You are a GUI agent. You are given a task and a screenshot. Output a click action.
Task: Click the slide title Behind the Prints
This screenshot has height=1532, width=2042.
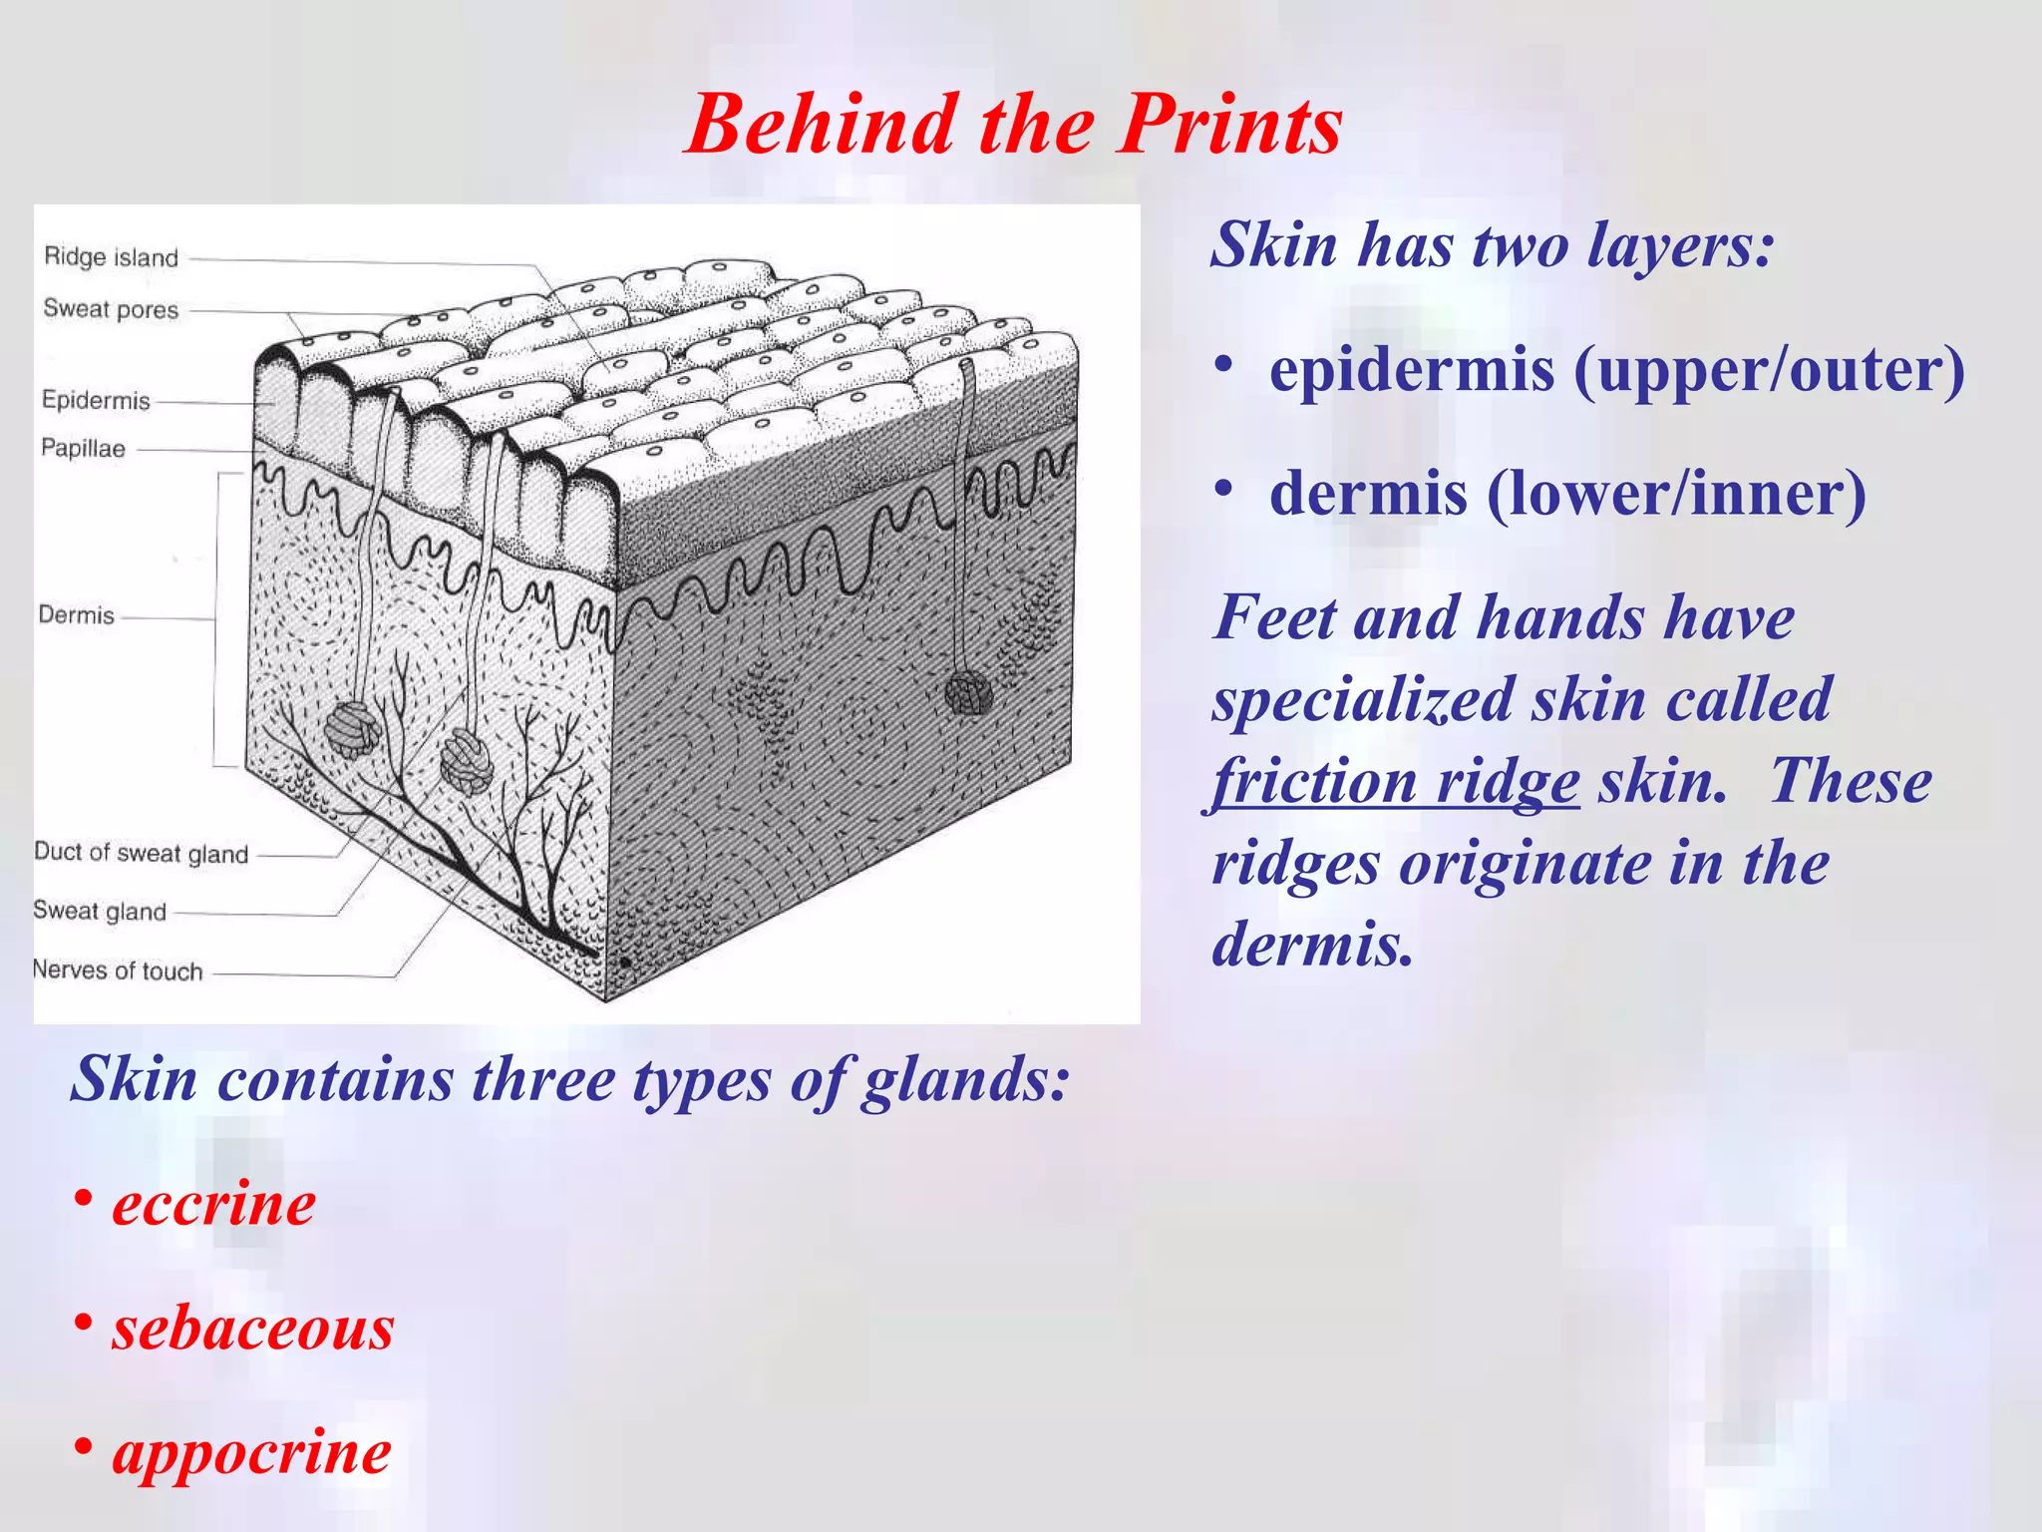click(1014, 125)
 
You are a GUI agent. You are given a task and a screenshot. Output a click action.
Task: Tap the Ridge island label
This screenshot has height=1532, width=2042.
click(111, 257)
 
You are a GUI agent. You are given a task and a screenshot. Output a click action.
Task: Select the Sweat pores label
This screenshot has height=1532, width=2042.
click(111, 309)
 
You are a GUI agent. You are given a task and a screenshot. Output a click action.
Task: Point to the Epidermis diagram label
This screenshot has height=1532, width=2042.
click(96, 400)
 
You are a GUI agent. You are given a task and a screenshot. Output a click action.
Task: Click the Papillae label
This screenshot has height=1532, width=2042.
click(83, 448)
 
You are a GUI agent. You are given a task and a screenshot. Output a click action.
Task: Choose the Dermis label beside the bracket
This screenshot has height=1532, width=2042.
click(76, 614)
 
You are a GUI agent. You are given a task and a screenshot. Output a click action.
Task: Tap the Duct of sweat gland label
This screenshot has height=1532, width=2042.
click(141, 853)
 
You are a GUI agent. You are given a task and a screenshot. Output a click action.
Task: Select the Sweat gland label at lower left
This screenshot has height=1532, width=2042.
click(100, 911)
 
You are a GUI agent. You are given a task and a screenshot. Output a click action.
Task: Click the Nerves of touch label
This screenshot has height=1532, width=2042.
click(118, 970)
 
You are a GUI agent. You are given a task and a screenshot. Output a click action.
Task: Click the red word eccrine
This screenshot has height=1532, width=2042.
click(213, 1203)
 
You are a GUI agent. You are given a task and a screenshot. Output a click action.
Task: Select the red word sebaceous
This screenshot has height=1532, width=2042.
click(253, 1328)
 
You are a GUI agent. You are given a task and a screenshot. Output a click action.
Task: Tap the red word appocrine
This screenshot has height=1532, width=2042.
click(251, 1452)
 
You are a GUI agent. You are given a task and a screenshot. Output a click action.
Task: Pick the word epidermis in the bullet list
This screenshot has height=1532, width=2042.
click(1411, 370)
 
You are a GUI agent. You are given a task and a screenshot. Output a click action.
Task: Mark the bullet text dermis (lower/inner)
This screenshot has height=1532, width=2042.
click(1567, 494)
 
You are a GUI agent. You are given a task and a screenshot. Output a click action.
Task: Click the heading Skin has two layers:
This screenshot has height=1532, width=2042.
click(1493, 244)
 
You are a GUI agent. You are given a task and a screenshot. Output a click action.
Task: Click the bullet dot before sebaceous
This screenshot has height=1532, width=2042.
click(84, 1323)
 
